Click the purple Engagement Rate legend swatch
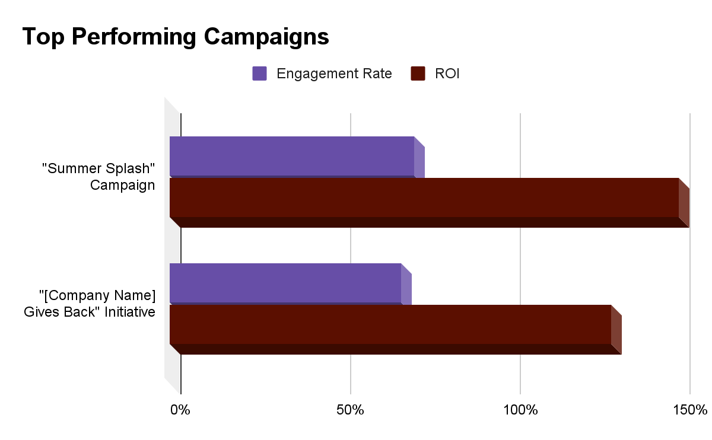tap(259, 74)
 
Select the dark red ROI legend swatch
tap(418, 74)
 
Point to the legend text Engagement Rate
tap(334, 74)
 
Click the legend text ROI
tap(447, 74)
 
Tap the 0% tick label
tap(180, 410)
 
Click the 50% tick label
tap(350, 410)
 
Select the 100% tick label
tap(520, 410)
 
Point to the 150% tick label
tap(690, 410)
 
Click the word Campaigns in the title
tap(266, 37)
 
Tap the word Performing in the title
tap(134, 37)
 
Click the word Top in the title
tap(43, 37)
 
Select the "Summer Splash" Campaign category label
tap(98, 177)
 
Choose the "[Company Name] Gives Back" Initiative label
tap(90, 304)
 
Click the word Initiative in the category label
tap(130, 312)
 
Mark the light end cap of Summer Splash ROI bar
tap(684, 203)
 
